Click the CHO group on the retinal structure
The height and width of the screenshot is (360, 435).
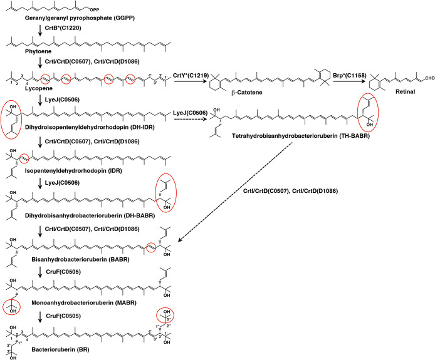(x=425, y=79)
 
